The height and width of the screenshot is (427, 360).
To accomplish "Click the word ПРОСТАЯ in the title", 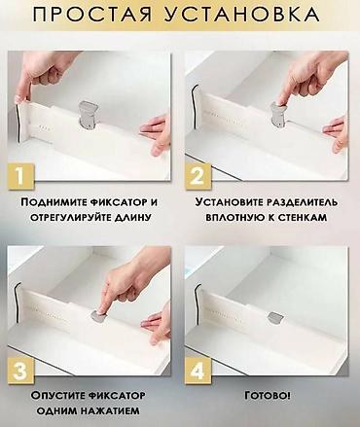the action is pos(92,15).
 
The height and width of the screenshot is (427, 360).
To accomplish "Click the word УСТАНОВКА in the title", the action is pos(242,15).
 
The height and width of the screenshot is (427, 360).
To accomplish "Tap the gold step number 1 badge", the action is pos(20,177).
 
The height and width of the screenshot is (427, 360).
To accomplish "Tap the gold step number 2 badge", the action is pos(198,177).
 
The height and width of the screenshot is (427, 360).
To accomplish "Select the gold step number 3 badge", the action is pos(20,371).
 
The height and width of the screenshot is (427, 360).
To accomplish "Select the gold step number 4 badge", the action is pos(198,371).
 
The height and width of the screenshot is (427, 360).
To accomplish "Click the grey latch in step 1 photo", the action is pos(88,113).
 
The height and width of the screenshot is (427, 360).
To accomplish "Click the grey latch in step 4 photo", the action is pos(275,317).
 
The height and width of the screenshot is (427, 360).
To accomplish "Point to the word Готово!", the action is pos(268,396).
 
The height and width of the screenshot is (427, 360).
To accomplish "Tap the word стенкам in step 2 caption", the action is pos(301,217).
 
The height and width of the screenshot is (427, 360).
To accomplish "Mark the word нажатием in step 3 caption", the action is pos(110,410).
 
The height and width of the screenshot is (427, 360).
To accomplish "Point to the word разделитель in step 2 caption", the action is pos(303,202).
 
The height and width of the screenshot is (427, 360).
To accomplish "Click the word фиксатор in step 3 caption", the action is pos(117,396).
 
